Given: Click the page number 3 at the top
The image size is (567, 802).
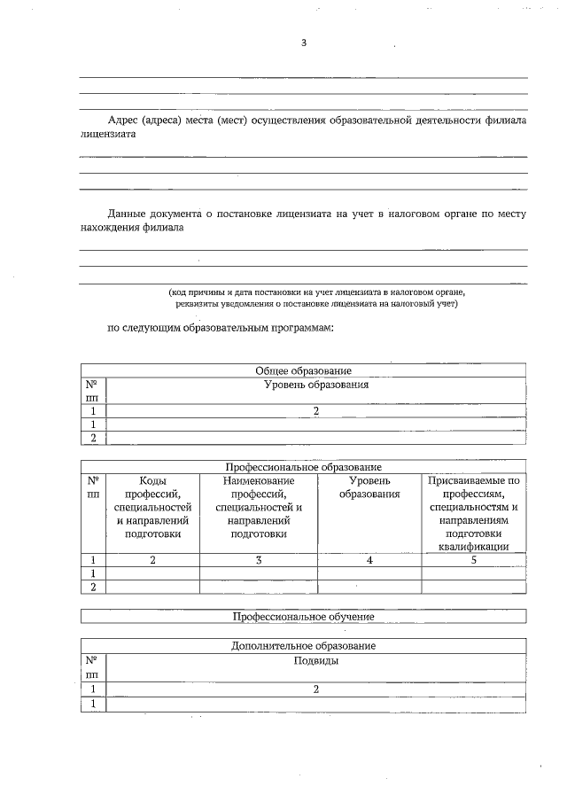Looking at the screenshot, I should tap(303, 43).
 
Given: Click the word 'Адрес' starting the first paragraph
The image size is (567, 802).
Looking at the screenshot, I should tap(123, 120).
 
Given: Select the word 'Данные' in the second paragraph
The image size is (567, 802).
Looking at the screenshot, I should tap(128, 213).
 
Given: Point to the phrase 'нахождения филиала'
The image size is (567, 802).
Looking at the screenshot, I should tap(132, 228).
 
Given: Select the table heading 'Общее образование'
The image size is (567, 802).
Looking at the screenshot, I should tap(303, 370).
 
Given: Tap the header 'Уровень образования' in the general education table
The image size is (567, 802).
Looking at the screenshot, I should tap(316, 385).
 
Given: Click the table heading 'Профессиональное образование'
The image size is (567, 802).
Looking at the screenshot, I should tap(303, 466).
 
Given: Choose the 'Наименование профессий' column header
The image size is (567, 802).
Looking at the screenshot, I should tap(259, 507).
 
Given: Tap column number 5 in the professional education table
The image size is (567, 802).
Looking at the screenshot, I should tap(473, 559).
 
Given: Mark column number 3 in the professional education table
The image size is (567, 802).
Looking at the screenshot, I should tap(259, 559).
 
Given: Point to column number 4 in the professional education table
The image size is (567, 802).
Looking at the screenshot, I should tap(369, 559).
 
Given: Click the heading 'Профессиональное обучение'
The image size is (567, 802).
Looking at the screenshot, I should tap(303, 616).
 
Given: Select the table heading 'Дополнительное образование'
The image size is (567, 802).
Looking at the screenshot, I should tap(303, 646).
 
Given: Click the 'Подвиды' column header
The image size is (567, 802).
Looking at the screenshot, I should tap(316, 661).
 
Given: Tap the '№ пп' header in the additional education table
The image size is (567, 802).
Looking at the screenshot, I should tap(92, 667).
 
